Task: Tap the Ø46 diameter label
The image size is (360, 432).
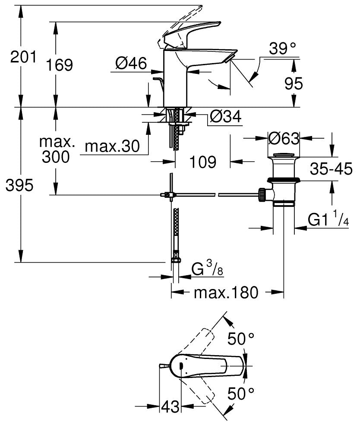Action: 131,64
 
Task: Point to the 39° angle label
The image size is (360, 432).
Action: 282,49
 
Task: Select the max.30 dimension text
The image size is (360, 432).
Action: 112,146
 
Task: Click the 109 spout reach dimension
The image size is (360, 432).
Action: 202,162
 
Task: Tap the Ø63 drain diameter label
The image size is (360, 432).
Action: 283,139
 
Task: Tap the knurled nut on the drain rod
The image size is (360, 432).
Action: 262,194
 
